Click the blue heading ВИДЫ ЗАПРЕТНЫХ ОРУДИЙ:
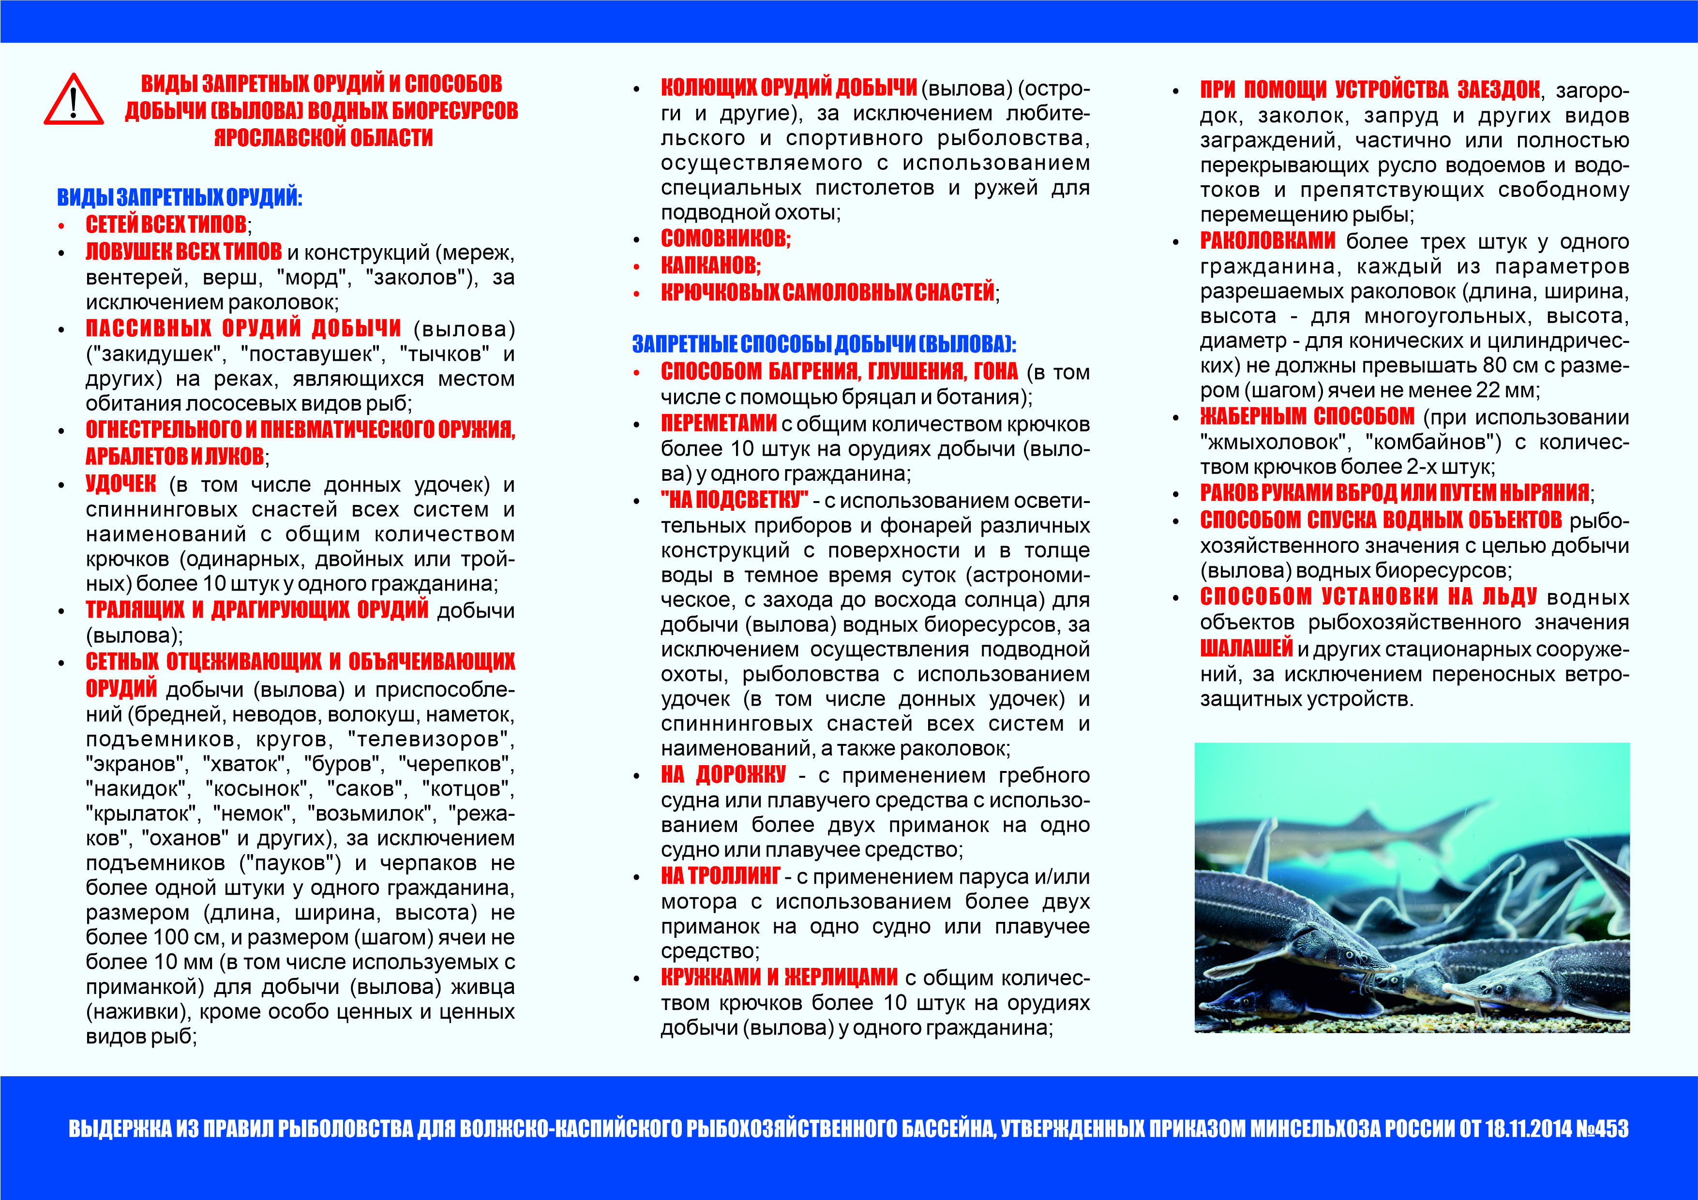(180, 197)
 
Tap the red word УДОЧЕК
(120, 484)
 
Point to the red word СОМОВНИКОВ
(725, 238)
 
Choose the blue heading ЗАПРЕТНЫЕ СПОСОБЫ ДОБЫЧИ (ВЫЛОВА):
(824, 344)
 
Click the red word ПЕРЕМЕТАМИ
(718, 424)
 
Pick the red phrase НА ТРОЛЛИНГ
(721, 876)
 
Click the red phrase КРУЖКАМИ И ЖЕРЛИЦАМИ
(779, 978)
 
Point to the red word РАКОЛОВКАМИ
(1267, 241)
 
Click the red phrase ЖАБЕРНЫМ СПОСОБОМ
(1307, 417)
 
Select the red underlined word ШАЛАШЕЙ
(1246, 649)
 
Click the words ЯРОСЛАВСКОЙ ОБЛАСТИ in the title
(323, 137)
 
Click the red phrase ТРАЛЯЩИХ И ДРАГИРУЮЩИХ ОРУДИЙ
(256, 610)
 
